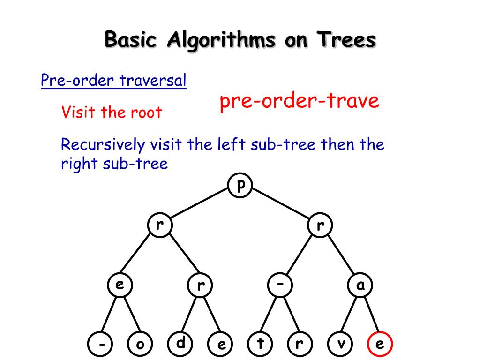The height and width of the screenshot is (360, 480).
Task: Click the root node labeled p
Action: (240, 186)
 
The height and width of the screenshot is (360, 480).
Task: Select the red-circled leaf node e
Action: (380, 345)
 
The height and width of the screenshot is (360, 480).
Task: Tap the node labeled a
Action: (360, 285)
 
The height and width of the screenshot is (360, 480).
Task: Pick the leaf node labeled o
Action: (140, 345)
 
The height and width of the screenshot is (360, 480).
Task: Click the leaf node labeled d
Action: (180, 344)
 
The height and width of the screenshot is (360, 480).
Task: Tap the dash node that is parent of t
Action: (280, 285)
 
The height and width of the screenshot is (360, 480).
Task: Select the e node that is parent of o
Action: (120, 285)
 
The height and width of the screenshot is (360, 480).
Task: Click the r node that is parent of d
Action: (201, 285)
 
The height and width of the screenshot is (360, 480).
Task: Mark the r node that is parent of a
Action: (321, 225)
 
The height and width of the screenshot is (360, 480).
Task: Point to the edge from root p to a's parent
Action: (281, 206)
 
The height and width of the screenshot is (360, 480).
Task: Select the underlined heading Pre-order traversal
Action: (113, 81)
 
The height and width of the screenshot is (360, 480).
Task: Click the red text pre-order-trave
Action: (300, 101)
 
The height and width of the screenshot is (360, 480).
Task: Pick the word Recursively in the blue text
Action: (103, 144)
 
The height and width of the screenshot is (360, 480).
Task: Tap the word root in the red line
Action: (145, 112)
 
